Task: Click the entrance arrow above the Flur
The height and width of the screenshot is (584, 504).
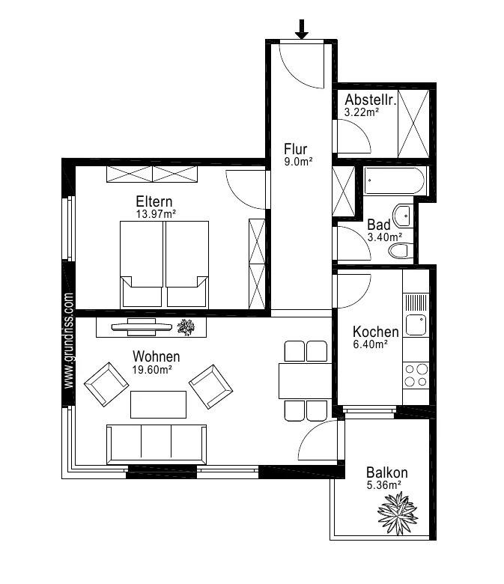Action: click(x=302, y=29)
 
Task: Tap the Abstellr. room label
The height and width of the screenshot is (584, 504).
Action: click(x=370, y=100)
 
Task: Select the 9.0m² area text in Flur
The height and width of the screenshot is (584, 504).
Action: click(x=298, y=162)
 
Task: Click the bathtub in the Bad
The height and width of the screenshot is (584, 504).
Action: click(x=394, y=180)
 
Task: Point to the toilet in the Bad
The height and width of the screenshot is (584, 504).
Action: click(x=401, y=250)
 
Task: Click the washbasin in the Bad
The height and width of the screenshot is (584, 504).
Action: click(x=404, y=215)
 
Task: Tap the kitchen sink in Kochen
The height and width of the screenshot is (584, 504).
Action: click(x=416, y=325)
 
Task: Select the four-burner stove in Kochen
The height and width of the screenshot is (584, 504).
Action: click(x=416, y=375)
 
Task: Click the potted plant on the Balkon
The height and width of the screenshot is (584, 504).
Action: click(x=398, y=514)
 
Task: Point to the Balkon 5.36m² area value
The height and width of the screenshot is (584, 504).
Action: click(x=383, y=485)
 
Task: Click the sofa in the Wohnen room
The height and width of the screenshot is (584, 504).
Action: click(x=157, y=444)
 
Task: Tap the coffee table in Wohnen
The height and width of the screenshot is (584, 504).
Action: click(x=158, y=404)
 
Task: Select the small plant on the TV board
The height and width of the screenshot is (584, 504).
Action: click(x=186, y=327)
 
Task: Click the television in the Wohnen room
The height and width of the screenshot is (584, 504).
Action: click(x=142, y=326)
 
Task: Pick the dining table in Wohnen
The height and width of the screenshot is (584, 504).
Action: click(x=305, y=381)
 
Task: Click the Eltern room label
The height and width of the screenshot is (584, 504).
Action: click(x=154, y=201)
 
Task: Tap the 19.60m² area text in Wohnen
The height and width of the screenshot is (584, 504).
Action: click(x=152, y=369)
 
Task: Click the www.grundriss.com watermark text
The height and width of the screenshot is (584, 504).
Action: click(x=69, y=341)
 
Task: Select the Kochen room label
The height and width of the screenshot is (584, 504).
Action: click(x=375, y=332)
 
